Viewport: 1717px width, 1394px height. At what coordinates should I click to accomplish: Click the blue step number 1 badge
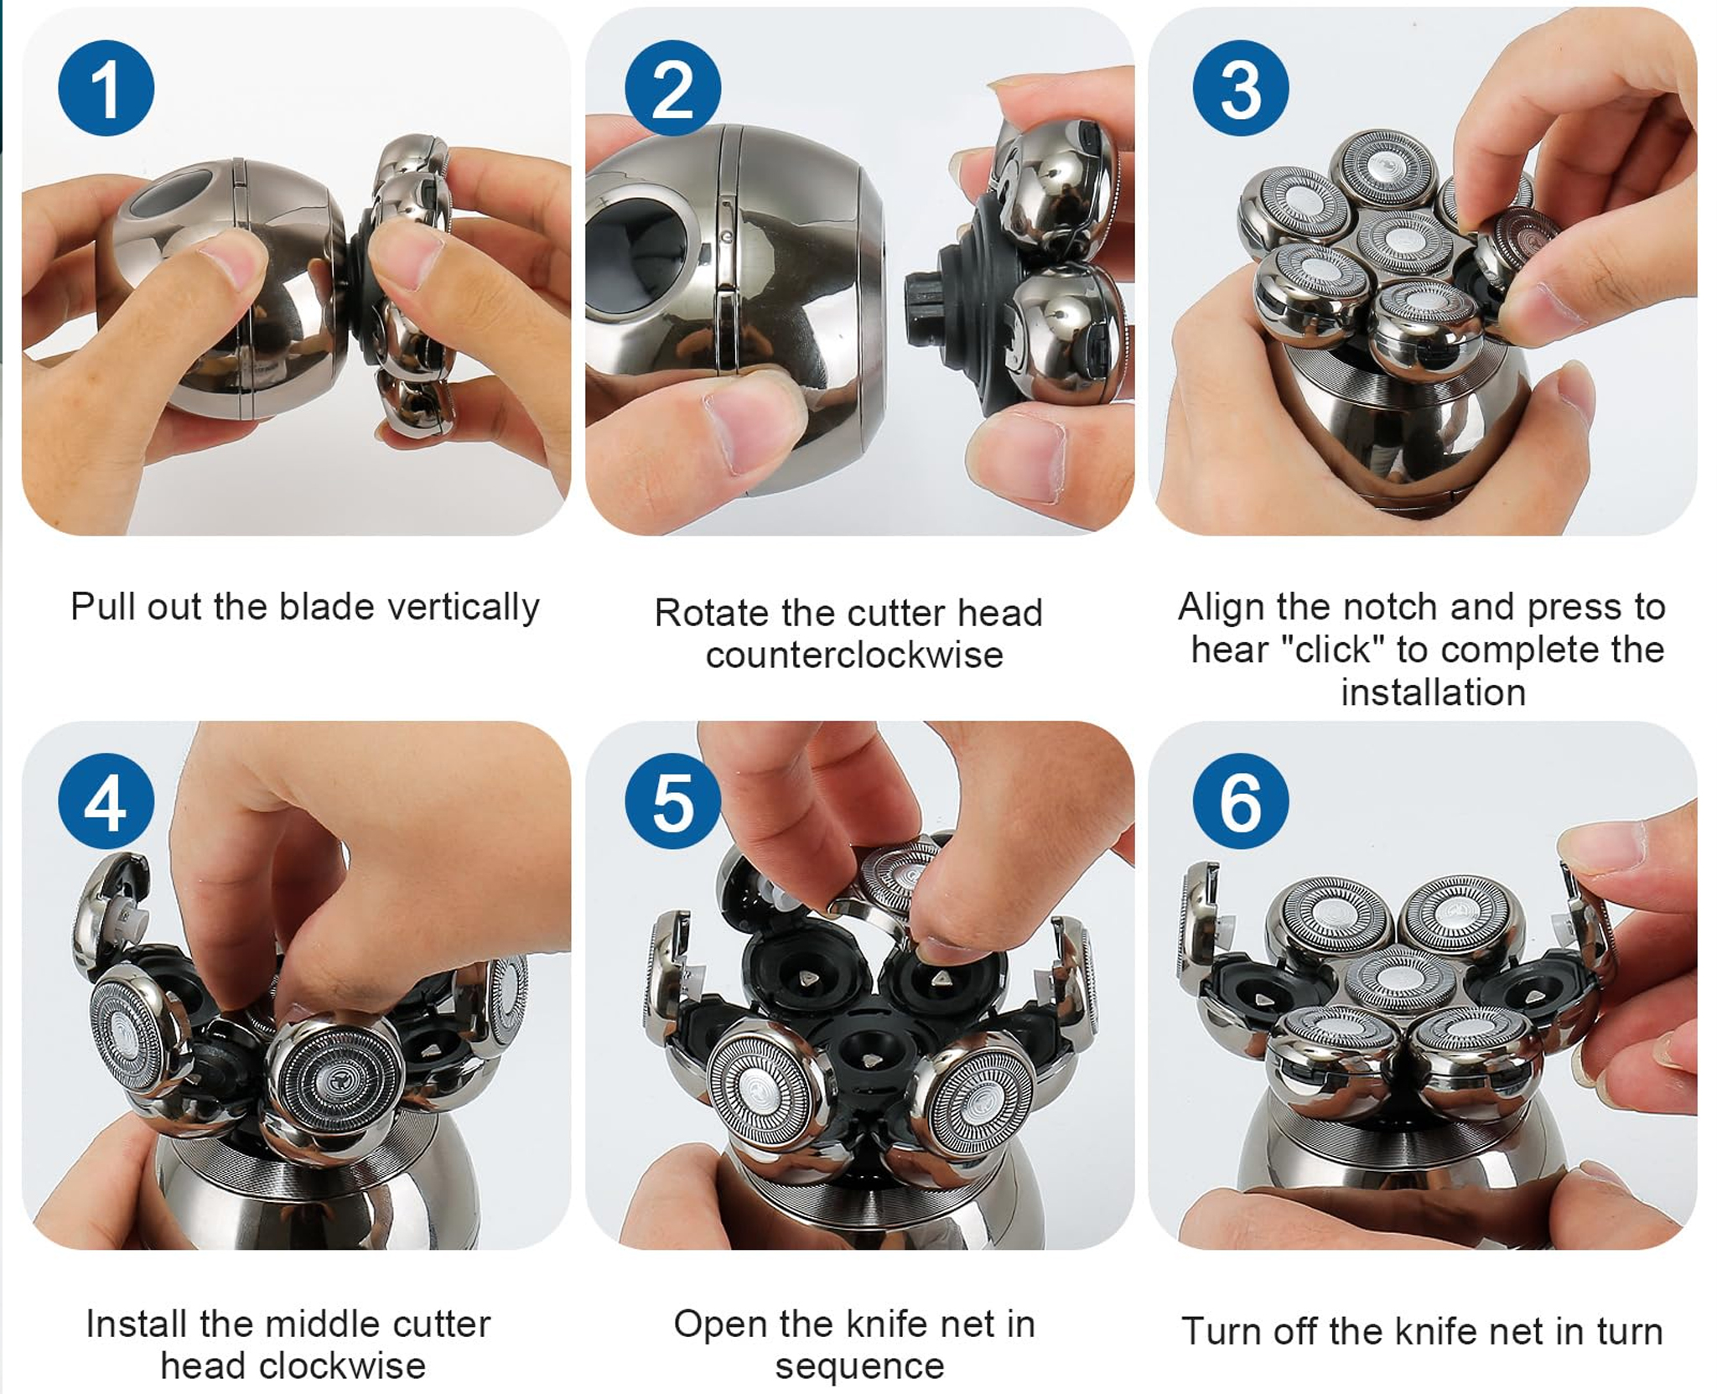106,88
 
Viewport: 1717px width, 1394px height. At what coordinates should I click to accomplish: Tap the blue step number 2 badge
672,88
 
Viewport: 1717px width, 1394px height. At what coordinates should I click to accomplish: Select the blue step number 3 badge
1241,88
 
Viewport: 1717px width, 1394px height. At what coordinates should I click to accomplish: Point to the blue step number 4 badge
106,801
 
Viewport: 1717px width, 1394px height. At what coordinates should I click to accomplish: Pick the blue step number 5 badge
672,801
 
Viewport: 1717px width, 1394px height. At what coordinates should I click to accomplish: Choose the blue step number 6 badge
1241,801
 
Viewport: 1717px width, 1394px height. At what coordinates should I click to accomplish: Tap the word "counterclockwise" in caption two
854,656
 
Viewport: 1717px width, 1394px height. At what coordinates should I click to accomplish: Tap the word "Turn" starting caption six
1221,1331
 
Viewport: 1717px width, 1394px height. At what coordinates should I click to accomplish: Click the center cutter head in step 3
1406,239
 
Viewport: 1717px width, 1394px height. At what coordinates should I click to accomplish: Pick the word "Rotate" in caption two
712,614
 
